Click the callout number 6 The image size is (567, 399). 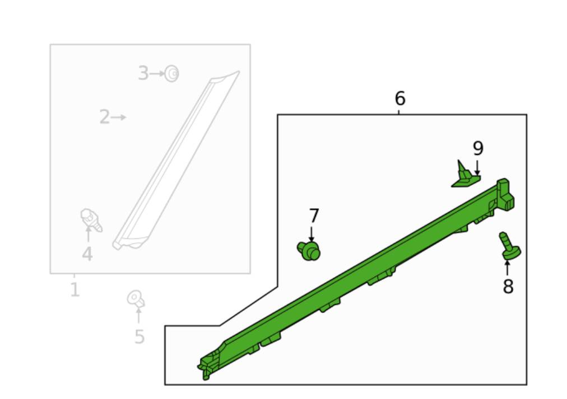[x=400, y=98]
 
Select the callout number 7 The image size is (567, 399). [x=314, y=215]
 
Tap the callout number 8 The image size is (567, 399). [x=508, y=287]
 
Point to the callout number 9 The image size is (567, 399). [x=478, y=148]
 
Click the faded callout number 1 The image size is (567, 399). [x=75, y=289]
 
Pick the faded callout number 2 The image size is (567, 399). [x=105, y=117]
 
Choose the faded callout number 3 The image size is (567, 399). [x=143, y=73]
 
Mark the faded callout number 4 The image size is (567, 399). [x=87, y=254]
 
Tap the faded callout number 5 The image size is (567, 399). [x=140, y=337]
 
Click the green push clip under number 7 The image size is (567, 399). [x=309, y=251]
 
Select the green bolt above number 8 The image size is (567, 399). [x=509, y=246]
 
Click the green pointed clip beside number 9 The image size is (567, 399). [x=464, y=176]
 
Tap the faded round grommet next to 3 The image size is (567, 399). [x=172, y=74]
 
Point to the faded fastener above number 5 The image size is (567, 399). [x=136, y=299]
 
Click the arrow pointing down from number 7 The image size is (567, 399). [x=312, y=234]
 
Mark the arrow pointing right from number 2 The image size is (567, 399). [x=119, y=117]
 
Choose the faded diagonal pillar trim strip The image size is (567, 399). [x=176, y=160]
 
